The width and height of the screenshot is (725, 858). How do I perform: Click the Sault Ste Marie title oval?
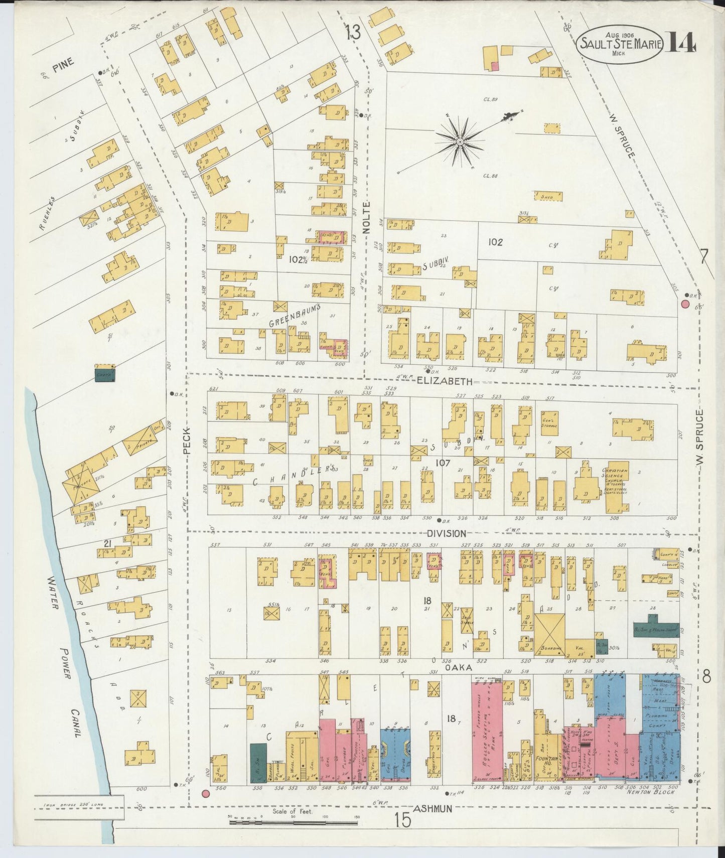point(622,44)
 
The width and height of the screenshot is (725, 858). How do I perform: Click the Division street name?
point(447,534)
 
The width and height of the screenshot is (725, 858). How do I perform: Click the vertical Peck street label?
point(188,441)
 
